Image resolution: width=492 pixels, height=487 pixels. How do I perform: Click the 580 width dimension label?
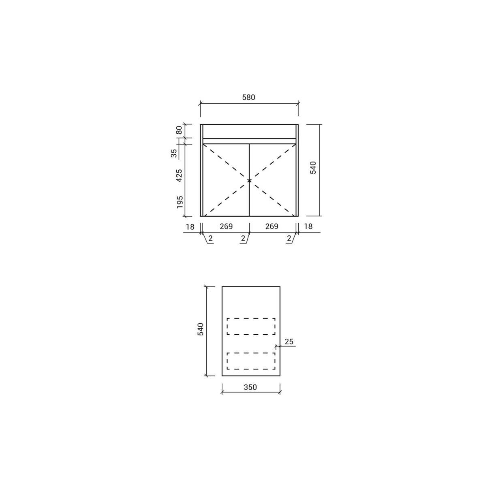point(249,97)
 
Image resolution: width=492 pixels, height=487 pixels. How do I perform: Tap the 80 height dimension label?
point(179,131)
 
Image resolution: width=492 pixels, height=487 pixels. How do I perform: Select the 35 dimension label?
point(174,153)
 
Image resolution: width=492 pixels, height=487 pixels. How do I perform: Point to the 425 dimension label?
point(179,175)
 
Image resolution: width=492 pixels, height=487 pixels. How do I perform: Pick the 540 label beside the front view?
point(313,167)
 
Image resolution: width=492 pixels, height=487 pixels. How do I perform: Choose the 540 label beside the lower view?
point(200,329)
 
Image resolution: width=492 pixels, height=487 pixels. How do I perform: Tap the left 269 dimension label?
point(226,226)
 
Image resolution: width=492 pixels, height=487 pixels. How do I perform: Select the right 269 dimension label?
point(272,226)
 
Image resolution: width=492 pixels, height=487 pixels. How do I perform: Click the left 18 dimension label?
point(190,227)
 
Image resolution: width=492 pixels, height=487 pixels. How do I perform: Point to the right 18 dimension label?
point(308,226)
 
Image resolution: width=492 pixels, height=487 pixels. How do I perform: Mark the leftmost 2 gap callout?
point(210,239)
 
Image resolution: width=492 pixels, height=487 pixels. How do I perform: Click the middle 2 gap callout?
point(243,239)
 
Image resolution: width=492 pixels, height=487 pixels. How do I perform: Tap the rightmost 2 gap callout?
point(289,239)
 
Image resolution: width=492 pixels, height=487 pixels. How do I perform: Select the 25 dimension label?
point(289,342)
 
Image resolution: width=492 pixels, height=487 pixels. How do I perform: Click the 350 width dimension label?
point(250,387)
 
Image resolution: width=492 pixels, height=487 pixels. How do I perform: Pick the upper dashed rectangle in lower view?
point(251,327)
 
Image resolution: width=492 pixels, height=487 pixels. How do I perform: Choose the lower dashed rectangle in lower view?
point(251,361)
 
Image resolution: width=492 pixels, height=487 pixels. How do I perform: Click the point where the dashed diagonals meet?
point(249,180)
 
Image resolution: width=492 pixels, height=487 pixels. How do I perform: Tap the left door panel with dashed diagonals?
point(225,190)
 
